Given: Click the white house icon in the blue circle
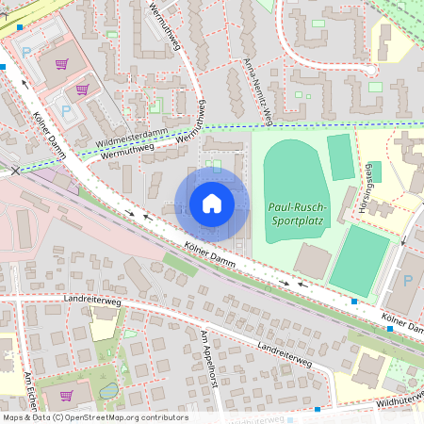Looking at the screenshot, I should (212, 203).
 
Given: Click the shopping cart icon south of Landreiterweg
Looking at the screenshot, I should (65, 395).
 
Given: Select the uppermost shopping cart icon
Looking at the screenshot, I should (62, 64).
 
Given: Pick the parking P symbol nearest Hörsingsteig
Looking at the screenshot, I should (407, 280).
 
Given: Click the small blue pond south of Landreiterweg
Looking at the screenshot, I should (109, 390).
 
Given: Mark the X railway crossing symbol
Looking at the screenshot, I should (15, 171).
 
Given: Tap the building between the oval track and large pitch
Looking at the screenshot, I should (312, 261).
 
